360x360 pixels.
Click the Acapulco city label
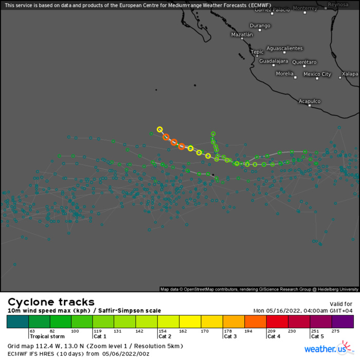(310, 101)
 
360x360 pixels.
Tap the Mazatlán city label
(242, 35)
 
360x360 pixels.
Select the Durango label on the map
(260, 26)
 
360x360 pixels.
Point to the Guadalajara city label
(274, 61)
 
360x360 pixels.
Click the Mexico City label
(317, 74)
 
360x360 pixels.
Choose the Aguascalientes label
(284, 48)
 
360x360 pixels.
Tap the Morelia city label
(284, 74)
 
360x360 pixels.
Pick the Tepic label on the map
(257, 52)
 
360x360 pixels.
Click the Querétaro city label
(304, 62)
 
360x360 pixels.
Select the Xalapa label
(350, 74)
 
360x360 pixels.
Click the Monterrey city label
(305, 8)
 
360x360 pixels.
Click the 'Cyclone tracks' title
(51, 302)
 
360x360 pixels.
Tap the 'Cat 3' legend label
(230, 336)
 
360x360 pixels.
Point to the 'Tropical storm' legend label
(47, 336)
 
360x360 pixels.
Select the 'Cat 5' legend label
(317, 336)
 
